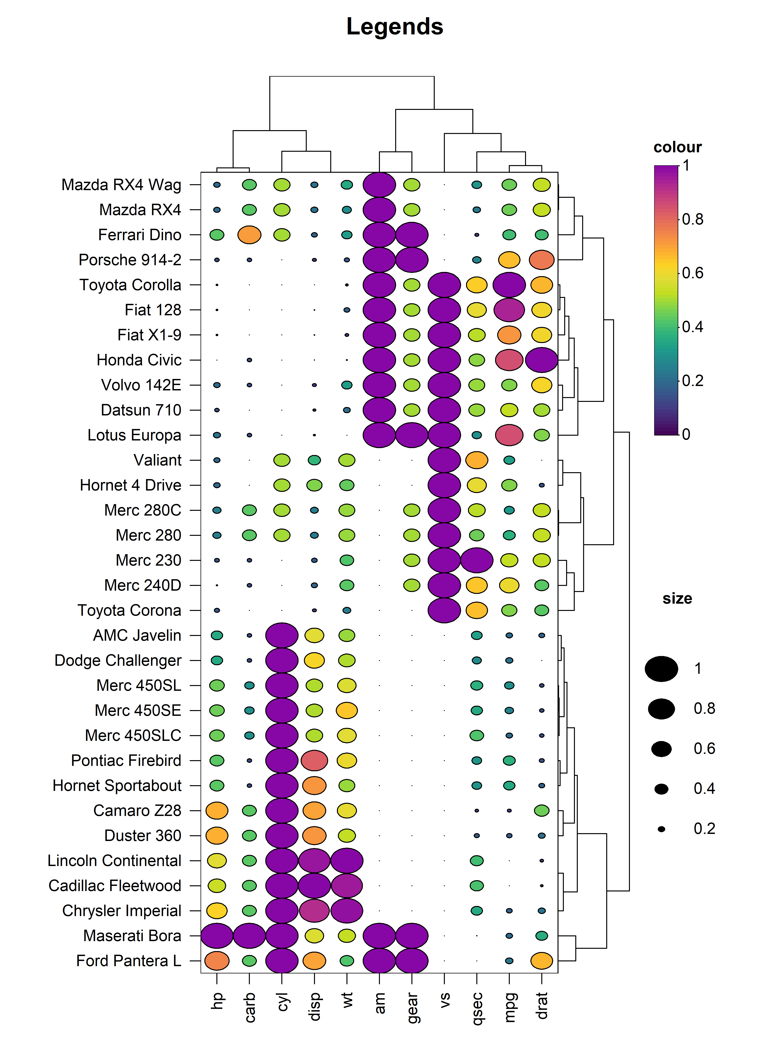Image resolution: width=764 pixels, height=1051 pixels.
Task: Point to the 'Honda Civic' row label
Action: pos(139,360)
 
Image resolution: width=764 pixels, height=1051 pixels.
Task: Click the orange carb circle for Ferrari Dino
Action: pos(249,235)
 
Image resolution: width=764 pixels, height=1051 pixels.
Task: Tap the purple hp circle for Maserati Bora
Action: pos(217,936)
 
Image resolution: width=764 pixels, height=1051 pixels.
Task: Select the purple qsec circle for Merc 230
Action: pos(477,560)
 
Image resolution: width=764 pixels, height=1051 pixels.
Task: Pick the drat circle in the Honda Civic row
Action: pos(542,360)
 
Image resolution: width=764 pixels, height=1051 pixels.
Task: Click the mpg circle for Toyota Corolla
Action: pos(509,285)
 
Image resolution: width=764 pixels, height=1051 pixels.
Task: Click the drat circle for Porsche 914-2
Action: pos(542,260)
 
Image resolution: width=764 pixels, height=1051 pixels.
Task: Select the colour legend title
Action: pos(677,147)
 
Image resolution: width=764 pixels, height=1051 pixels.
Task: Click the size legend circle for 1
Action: pos(662,669)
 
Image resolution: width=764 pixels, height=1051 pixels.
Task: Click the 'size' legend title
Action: pos(677,599)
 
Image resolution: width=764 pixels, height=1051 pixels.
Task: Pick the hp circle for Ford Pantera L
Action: pos(217,961)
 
